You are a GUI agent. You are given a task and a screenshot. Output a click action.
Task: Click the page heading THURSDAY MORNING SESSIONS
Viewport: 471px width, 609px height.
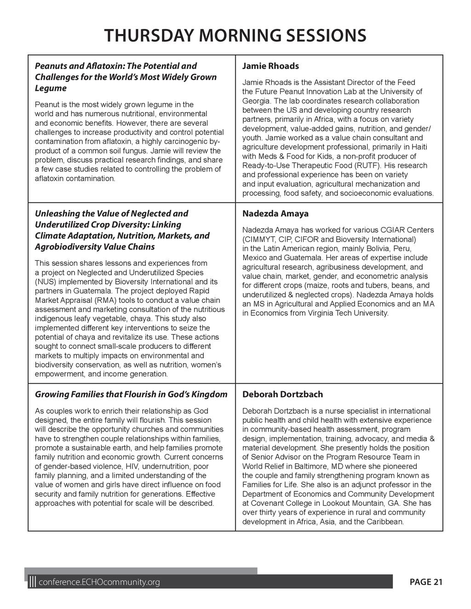point(235,35)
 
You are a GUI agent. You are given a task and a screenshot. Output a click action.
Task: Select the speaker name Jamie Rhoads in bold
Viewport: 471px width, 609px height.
point(270,66)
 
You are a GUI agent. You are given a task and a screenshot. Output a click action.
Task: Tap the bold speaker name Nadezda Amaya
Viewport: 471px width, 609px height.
point(276,214)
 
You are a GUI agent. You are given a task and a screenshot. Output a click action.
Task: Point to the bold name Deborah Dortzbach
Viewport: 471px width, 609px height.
point(282,394)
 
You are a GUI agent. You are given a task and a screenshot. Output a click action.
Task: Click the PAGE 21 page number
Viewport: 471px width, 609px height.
point(426,582)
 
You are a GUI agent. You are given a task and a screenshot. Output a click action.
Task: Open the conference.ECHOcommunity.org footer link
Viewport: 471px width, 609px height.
point(100,583)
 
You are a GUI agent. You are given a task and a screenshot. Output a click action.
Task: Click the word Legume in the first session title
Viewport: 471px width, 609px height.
point(51,88)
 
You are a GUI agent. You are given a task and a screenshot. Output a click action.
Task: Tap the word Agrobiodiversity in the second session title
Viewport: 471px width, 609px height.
point(67,247)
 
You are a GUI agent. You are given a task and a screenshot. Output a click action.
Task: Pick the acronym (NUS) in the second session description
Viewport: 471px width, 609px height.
point(45,282)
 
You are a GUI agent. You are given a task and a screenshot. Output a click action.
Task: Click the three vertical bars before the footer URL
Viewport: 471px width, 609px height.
point(32,582)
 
